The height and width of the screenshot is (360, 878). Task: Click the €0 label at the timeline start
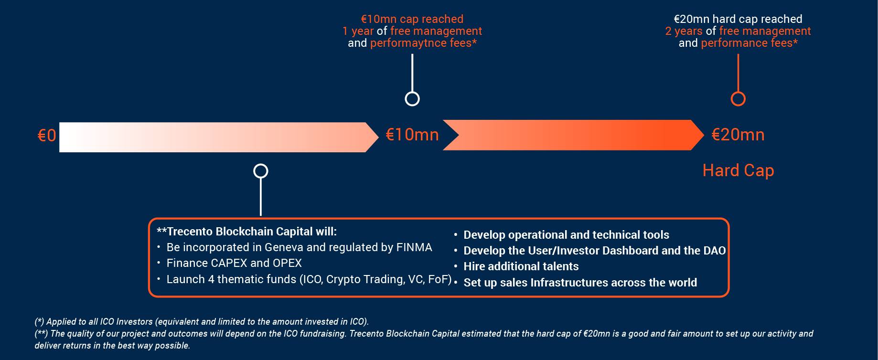pyautogui.click(x=47, y=136)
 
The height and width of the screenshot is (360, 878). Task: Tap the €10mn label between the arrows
pyautogui.click(x=412, y=135)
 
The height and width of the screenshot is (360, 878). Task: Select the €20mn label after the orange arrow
pyautogui.click(x=738, y=135)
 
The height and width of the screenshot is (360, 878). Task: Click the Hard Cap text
pyautogui.click(x=738, y=170)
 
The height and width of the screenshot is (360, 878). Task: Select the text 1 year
pyautogui.click(x=358, y=32)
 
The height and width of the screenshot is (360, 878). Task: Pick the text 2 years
pyautogui.click(x=684, y=32)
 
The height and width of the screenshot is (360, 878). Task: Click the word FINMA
pyautogui.click(x=414, y=247)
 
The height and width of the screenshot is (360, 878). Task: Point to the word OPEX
pyautogui.click(x=287, y=263)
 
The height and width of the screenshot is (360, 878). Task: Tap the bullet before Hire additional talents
pyautogui.click(x=456, y=266)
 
